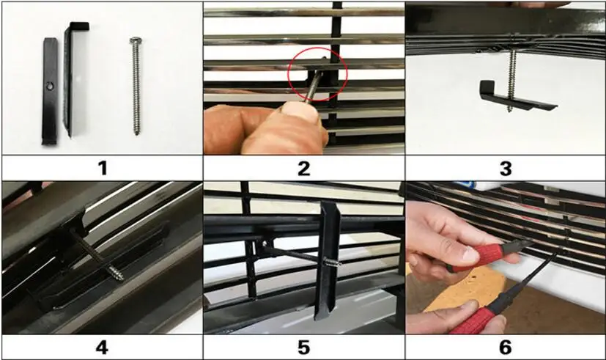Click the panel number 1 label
tap(103, 168)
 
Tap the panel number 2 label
tap(304, 168)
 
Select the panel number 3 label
tap(506, 168)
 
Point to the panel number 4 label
tap(102, 348)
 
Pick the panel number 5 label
tap(304, 348)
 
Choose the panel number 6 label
tap(506, 348)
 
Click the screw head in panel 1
tap(136, 40)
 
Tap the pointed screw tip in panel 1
tap(137, 133)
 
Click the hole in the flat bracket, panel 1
tap(50, 87)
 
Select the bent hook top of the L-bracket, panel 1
tap(79, 26)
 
